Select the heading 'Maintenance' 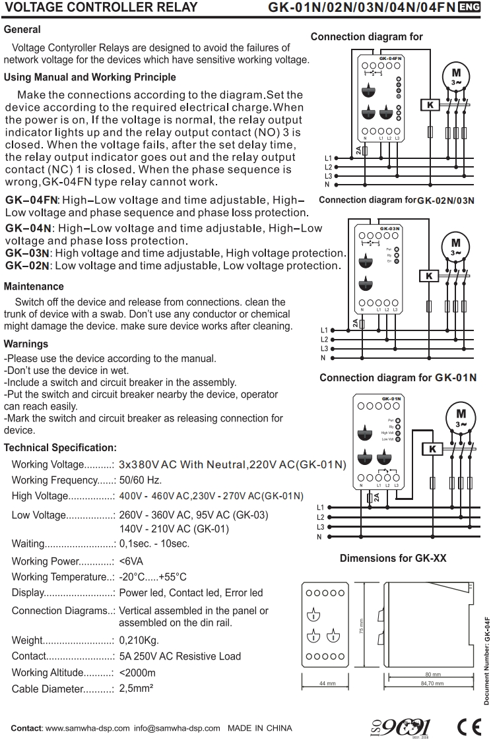pos(34,287)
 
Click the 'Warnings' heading pos(26,344)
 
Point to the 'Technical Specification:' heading pos(60,448)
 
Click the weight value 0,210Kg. pos(139,640)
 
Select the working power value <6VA pos(133,561)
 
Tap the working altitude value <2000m pos(137,673)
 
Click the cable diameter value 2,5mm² pos(137,689)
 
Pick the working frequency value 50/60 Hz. pos(141,479)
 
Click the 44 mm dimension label pos(323,683)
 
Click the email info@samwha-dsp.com pos(176,728)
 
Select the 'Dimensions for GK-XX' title pos(393,558)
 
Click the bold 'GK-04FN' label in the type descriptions pos(31,200)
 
